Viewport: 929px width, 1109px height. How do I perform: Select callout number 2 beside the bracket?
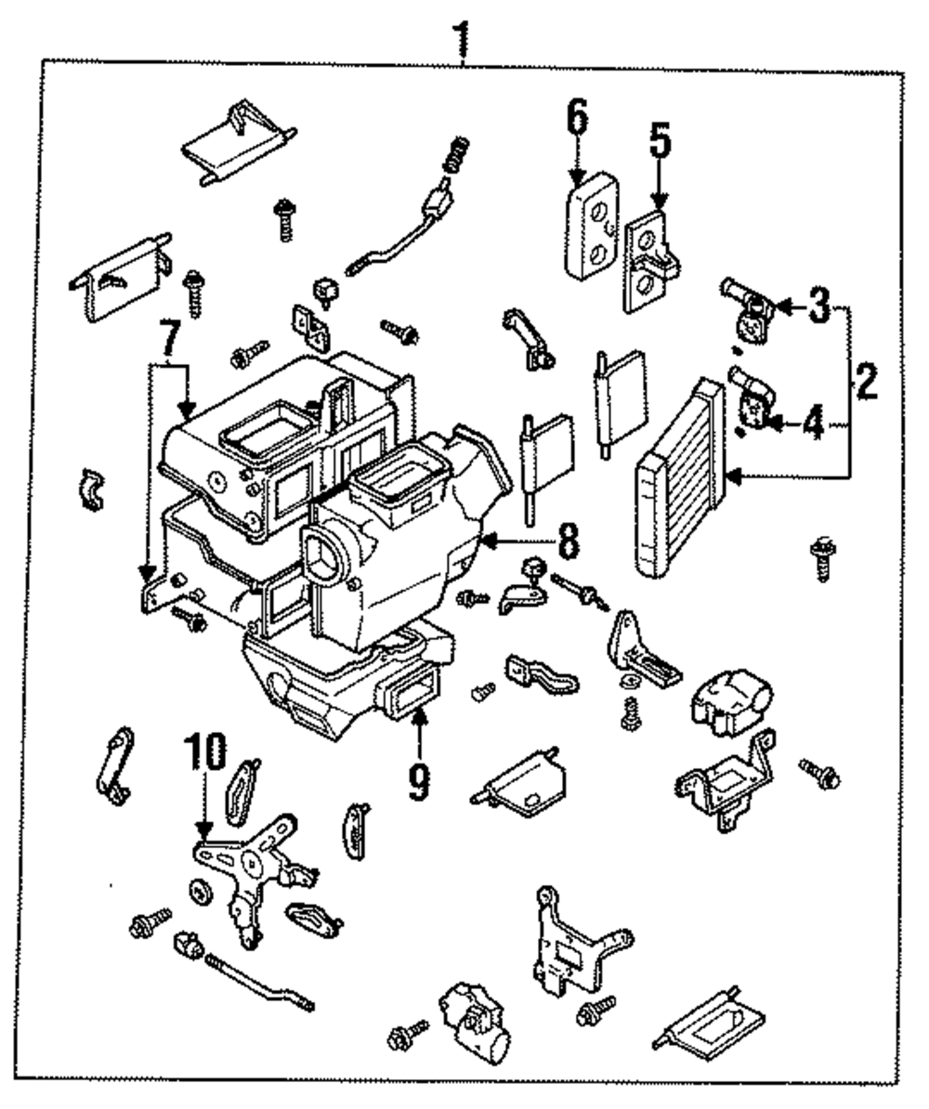866,381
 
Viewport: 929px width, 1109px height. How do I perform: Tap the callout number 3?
817,307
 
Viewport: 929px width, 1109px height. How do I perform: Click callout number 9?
419,781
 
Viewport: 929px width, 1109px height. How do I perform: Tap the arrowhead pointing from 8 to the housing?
489,539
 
